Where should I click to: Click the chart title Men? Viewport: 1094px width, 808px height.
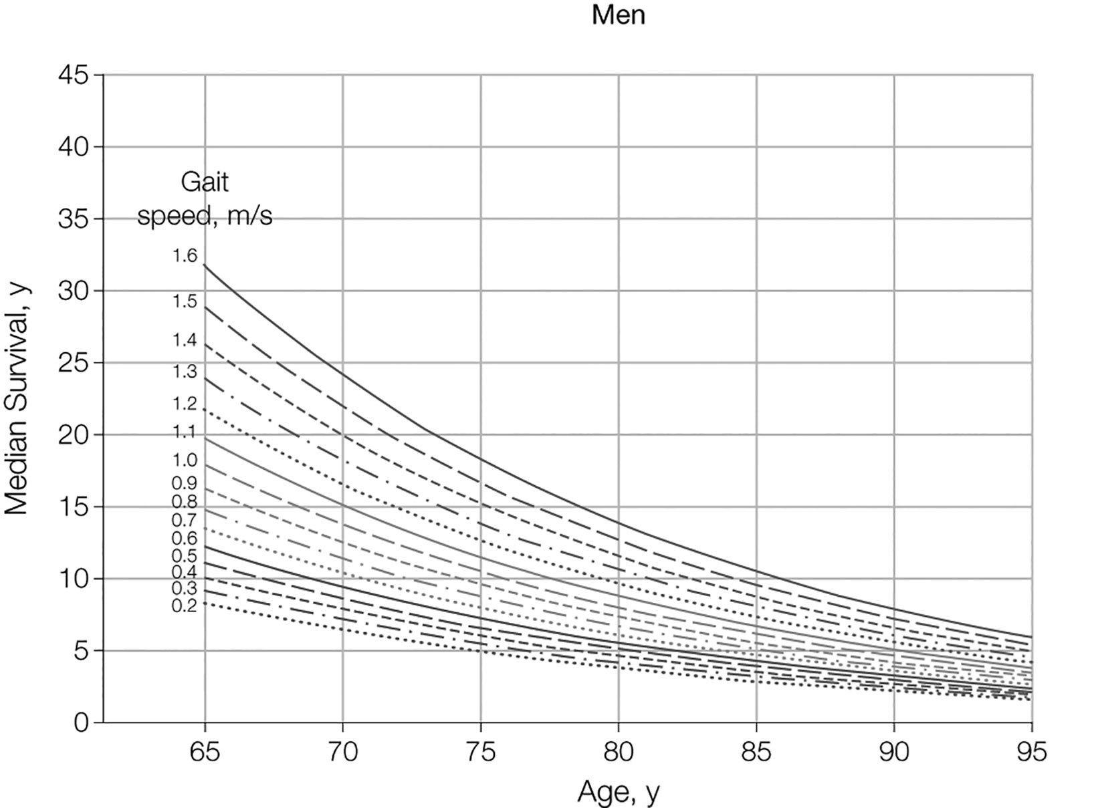click(619, 15)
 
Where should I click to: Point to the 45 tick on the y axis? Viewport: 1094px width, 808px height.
click(73, 75)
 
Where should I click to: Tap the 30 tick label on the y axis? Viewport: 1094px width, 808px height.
click(73, 291)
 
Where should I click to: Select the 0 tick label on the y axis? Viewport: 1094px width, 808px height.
click(81, 722)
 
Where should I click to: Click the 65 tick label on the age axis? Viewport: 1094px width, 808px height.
click(205, 753)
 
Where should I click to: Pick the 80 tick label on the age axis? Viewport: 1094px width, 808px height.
click(618, 753)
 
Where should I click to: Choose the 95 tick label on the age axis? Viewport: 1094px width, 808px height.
click(1031, 753)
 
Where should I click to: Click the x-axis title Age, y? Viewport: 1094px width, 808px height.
click(619, 791)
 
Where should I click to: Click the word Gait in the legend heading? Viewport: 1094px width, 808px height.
click(205, 182)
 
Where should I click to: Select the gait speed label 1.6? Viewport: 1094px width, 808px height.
click(185, 256)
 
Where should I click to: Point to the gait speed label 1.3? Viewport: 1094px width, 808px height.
click(185, 372)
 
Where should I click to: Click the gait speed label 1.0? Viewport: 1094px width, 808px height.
click(185, 460)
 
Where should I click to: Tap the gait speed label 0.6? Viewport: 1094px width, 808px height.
click(185, 538)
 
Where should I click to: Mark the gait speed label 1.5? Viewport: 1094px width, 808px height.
click(185, 301)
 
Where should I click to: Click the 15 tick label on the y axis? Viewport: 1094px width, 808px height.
click(73, 507)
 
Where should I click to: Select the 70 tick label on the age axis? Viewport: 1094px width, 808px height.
click(342, 753)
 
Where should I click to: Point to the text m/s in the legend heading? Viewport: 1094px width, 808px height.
click(249, 217)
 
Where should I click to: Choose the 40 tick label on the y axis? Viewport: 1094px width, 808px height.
click(73, 147)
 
